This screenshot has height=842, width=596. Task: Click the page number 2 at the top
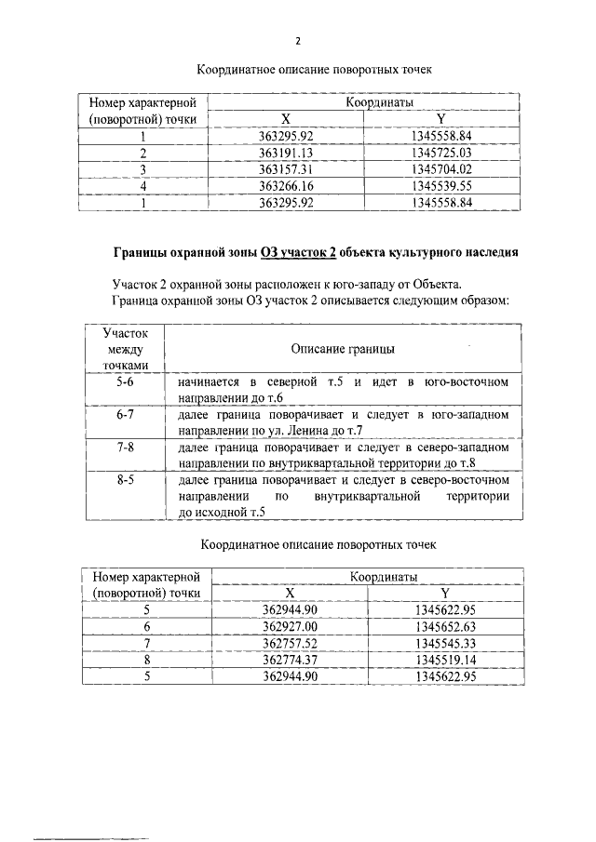click(298, 41)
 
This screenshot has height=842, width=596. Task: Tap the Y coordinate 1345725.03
click(442, 153)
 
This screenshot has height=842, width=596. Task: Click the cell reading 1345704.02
click(442, 169)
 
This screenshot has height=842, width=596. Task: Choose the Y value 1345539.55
click(442, 186)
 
